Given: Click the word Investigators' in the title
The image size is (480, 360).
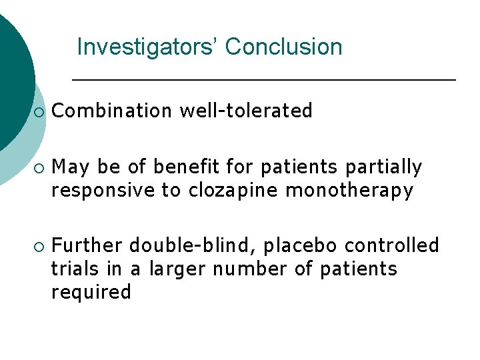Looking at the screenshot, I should click(x=147, y=47).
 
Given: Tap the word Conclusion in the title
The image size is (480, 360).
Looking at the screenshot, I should click(x=283, y=47).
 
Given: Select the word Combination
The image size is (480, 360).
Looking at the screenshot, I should click(x=111, y=111).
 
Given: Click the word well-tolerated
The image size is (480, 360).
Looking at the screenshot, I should click(x=246, y=111).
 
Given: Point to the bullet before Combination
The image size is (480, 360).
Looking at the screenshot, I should click(x=39, y=112).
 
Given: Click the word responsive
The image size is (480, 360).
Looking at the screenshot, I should click(x=104, y=191).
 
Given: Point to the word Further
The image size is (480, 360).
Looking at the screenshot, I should click(x=87, y=245).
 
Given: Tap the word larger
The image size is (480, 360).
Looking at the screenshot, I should click(x=175, y=270).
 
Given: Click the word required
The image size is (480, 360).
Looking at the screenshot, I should click(x=91, y=293).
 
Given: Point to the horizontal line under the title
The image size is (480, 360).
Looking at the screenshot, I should click(x=263, y=80).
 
